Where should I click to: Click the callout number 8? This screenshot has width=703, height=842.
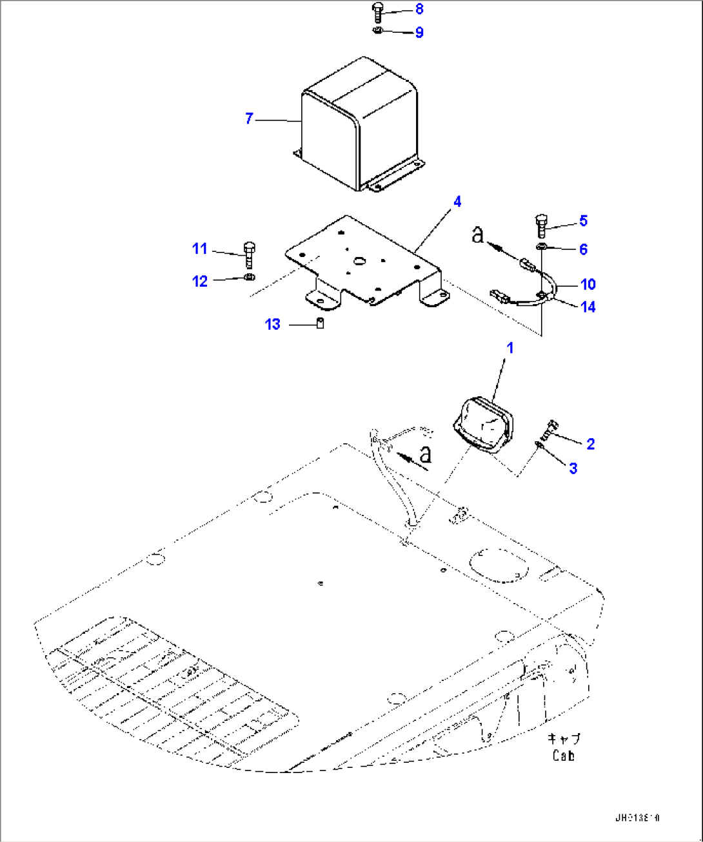click(419, 9)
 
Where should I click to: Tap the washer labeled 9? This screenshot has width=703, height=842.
click(379, 31)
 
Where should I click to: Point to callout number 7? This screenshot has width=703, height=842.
click(250, 119)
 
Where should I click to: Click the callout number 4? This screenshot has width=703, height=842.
click(457, 202)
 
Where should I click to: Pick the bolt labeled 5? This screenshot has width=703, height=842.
click(542, 226)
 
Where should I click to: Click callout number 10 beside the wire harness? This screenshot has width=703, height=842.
click(588, 284)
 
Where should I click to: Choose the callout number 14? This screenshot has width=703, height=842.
click(588, 307)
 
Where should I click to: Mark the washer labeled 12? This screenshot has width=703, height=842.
click(250, 278)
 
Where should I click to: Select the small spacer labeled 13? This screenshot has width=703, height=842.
click(319, 323)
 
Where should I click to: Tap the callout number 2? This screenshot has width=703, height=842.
click(590, 444)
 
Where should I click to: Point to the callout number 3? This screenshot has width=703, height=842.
click(573, 468)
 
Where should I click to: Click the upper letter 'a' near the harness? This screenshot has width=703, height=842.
click(477, 234)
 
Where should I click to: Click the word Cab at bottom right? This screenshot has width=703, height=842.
click(563, 756)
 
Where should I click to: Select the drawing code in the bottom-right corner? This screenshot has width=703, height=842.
click(637, 818)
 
